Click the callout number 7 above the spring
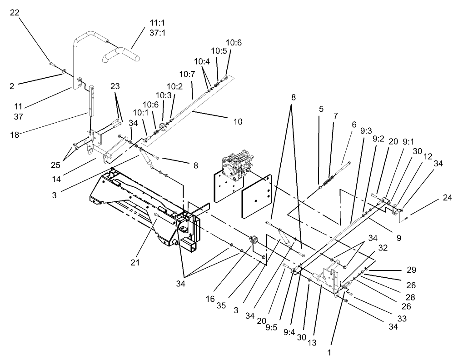tap(336, 116)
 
